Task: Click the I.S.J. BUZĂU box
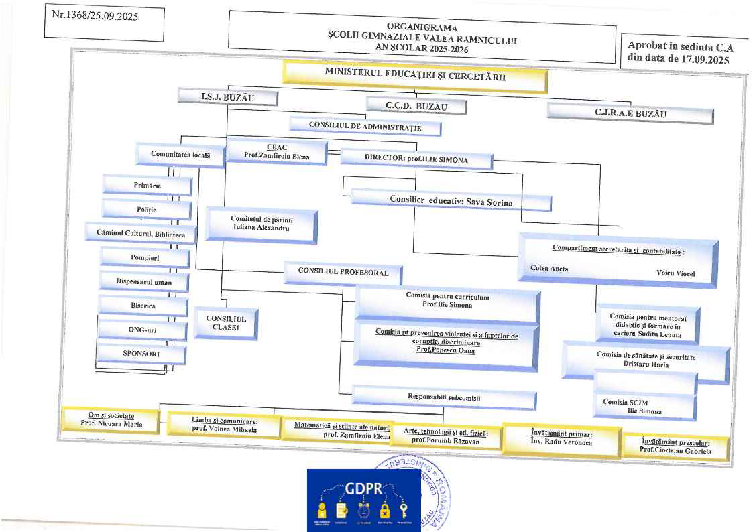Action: [x=228, y=97]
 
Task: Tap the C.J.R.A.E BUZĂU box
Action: [x=630, y=113]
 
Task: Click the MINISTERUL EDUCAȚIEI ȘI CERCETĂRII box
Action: [x=415, y=75]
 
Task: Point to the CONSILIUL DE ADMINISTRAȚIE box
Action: [x=365, y=125]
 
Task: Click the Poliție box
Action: [x=146, y=210]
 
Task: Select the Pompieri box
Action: [x=145, y=257]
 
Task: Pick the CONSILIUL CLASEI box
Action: [x=225, y=323]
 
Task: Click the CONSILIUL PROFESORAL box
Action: [x=343, y=273]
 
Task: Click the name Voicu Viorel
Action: [x=676, y=273]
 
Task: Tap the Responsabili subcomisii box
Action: [x=444, y=397]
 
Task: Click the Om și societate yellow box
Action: [x=111, y=419]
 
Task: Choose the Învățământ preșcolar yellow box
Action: [x=675, y=446]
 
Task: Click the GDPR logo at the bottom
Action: [x=363, y=500]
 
